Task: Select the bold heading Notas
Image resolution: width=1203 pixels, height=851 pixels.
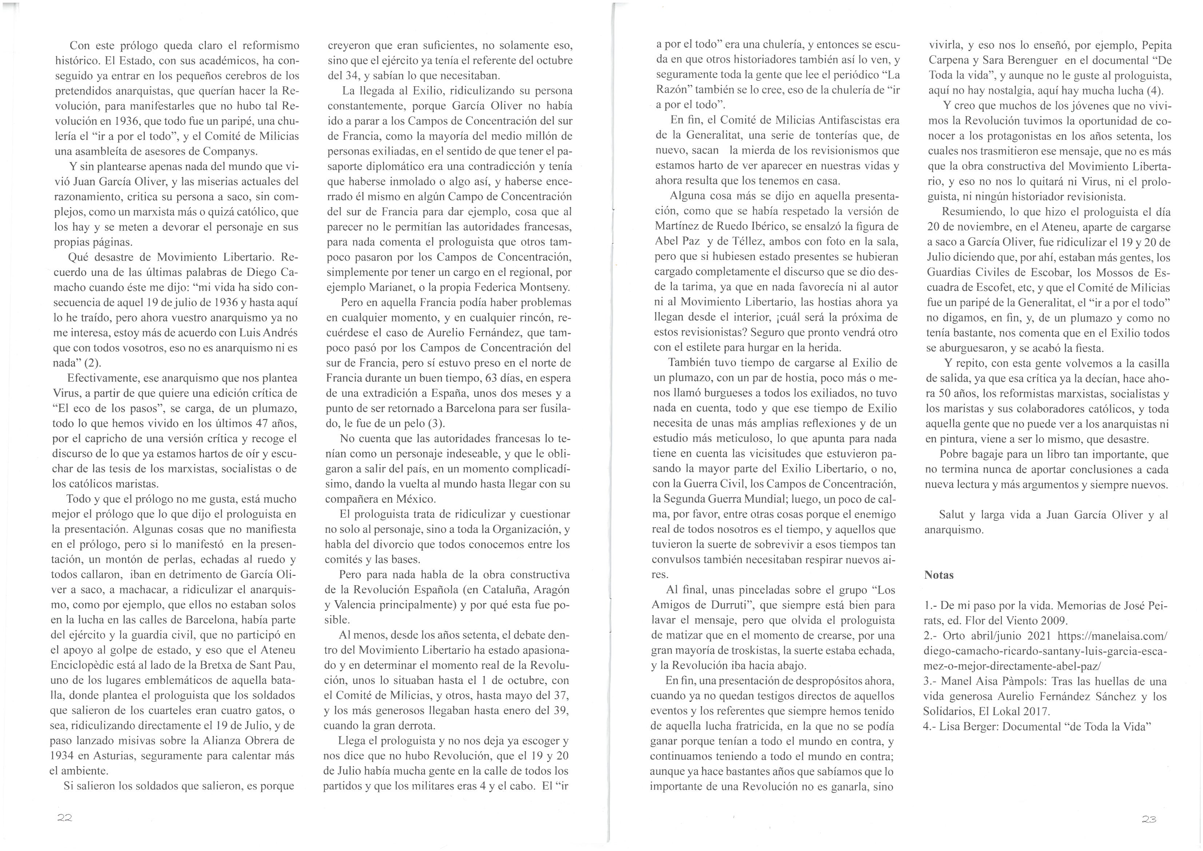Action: (939, 575)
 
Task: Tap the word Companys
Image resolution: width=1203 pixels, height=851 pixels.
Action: (230, 152)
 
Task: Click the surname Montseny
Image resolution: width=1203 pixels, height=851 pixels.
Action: (545, 288)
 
